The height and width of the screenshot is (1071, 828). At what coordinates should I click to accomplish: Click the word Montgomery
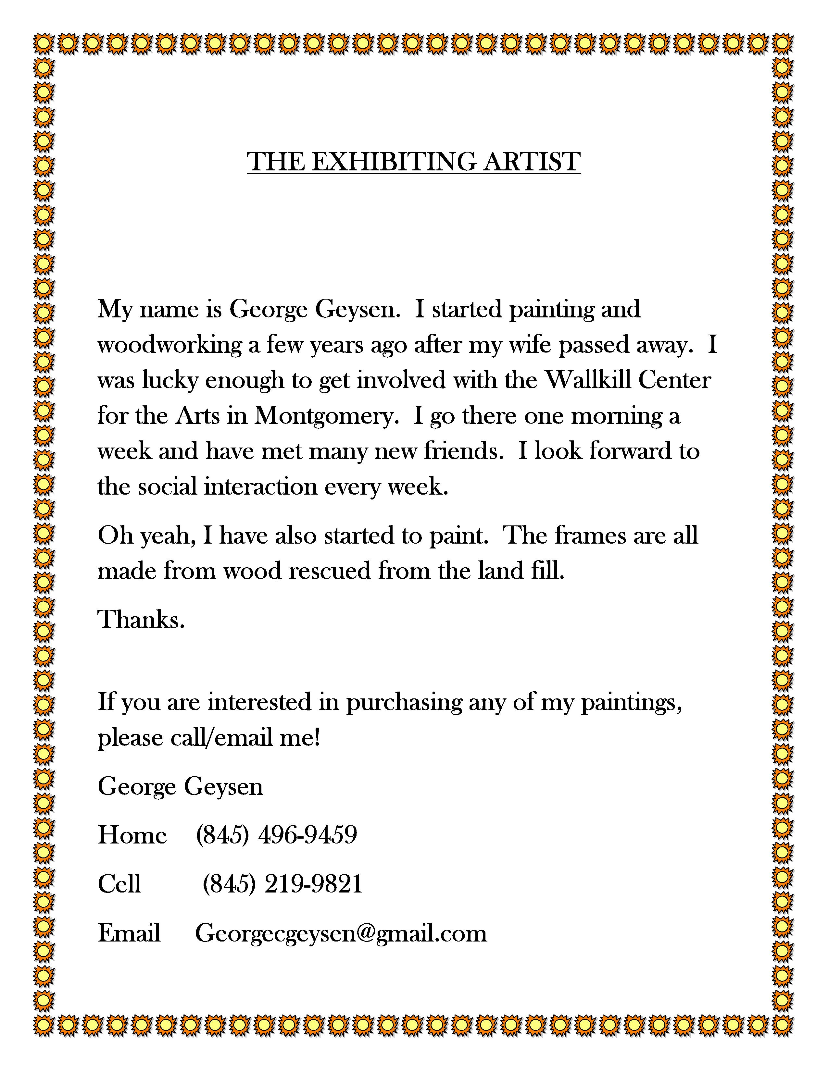click(326, 416)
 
